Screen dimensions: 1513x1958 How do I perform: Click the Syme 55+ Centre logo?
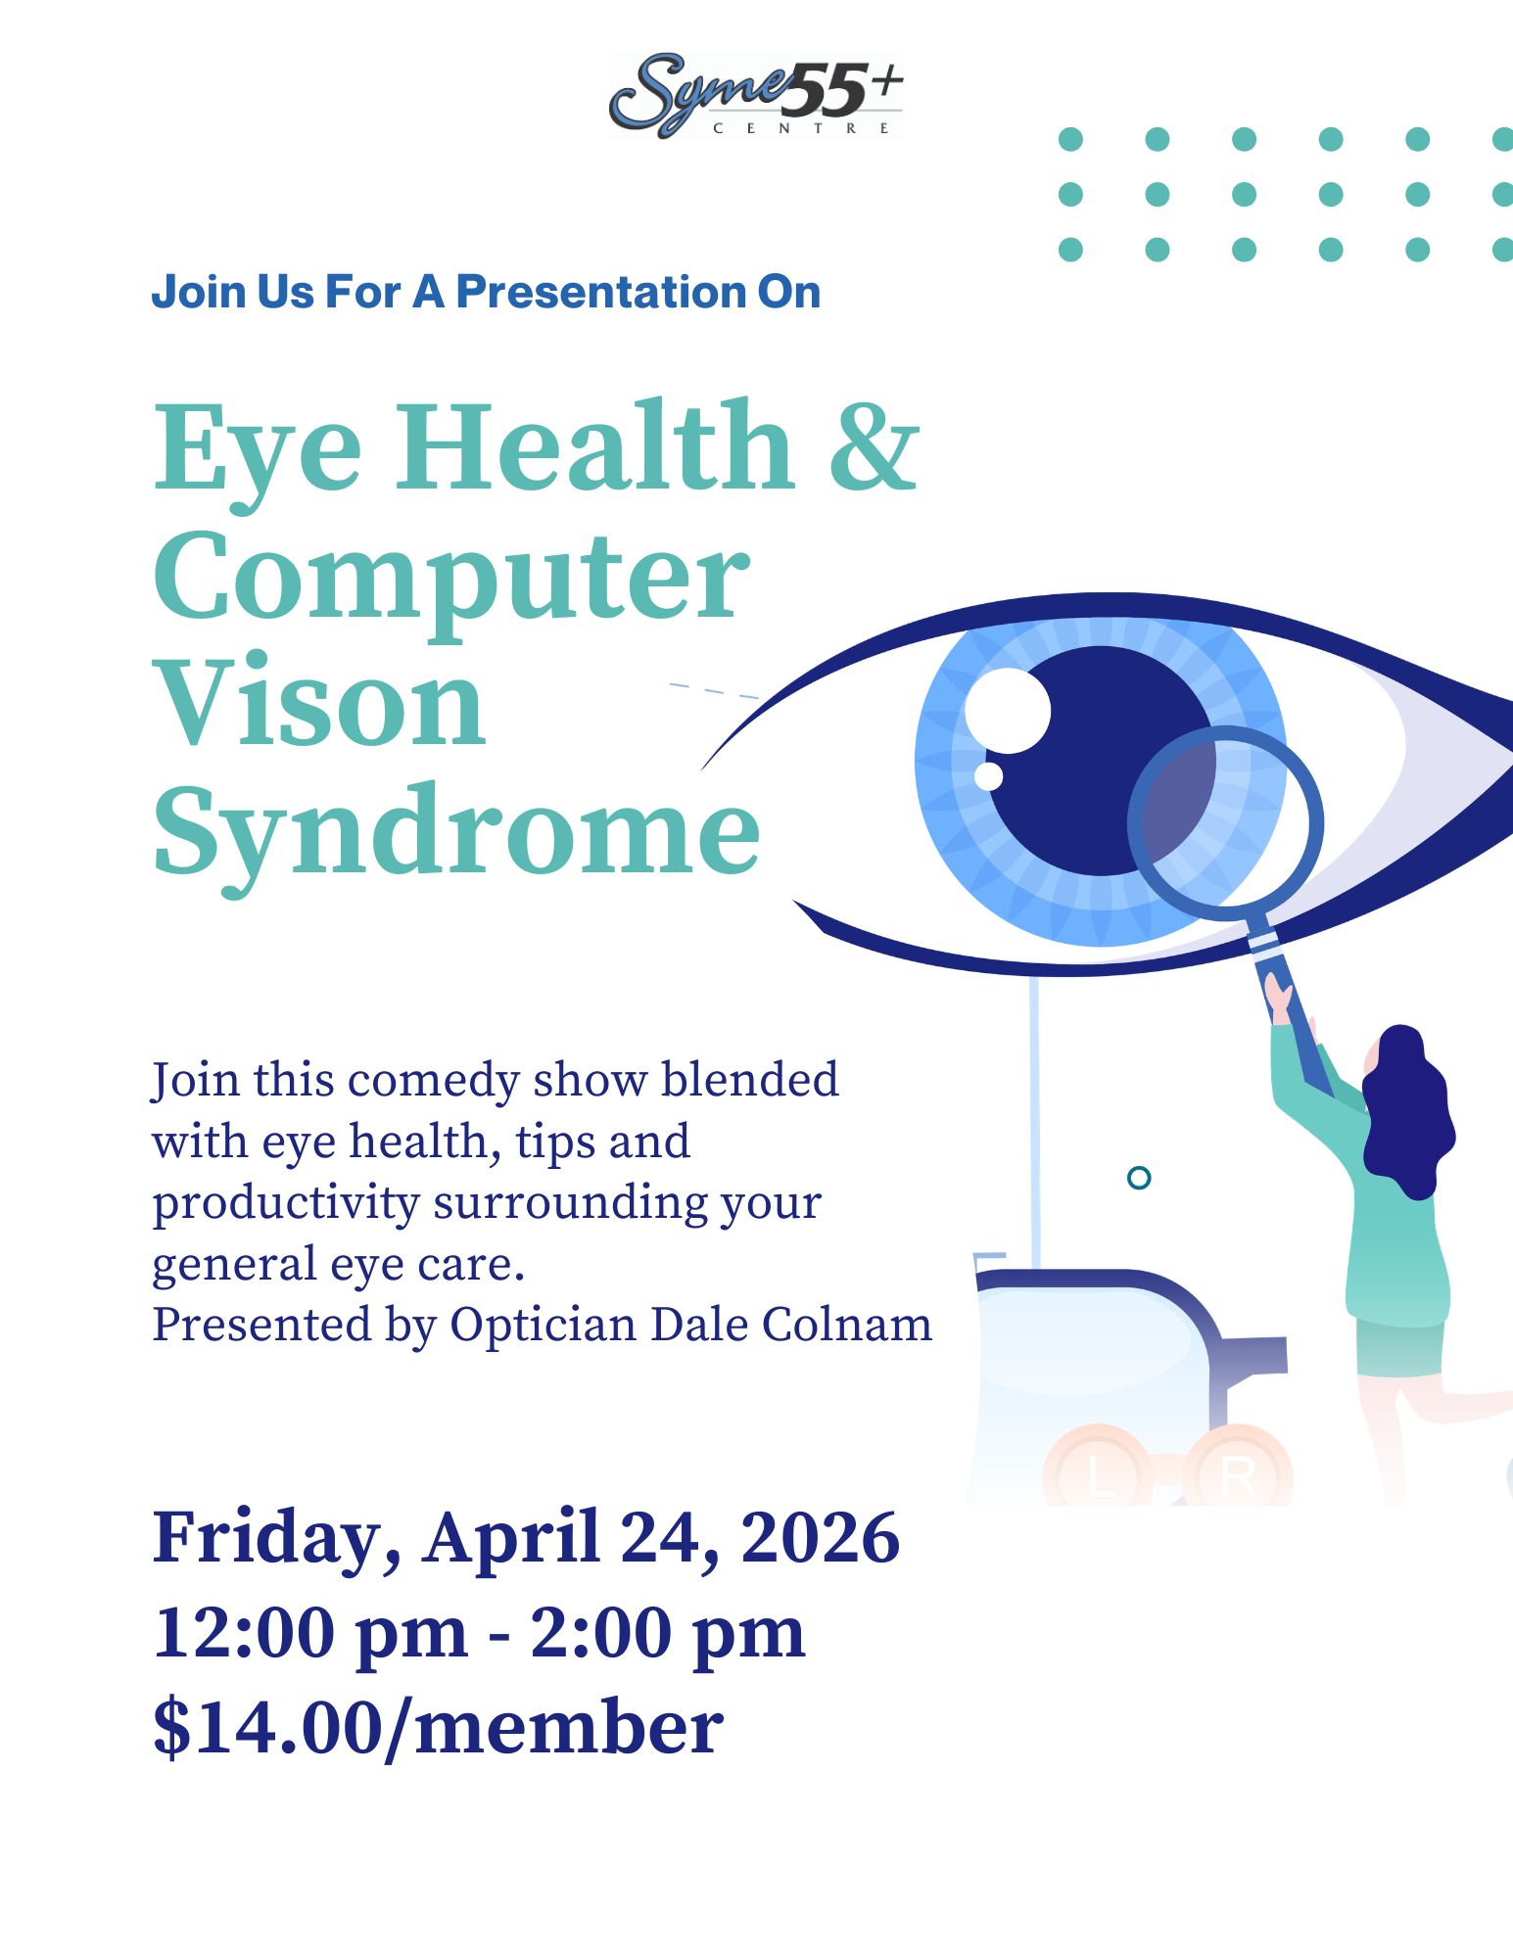[755, 95]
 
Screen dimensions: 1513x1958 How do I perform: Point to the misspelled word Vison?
[319, 701]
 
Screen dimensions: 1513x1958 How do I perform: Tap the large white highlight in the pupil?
[1008, 711]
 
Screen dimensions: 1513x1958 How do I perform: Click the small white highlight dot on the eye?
[989, 776]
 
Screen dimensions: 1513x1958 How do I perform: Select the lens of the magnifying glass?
[1225, 822]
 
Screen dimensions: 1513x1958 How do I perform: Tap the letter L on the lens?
[1101, 1476]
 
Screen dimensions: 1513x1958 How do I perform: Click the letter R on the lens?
[1239, 1476]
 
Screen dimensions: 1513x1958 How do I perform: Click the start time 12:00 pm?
[310, 1634]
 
